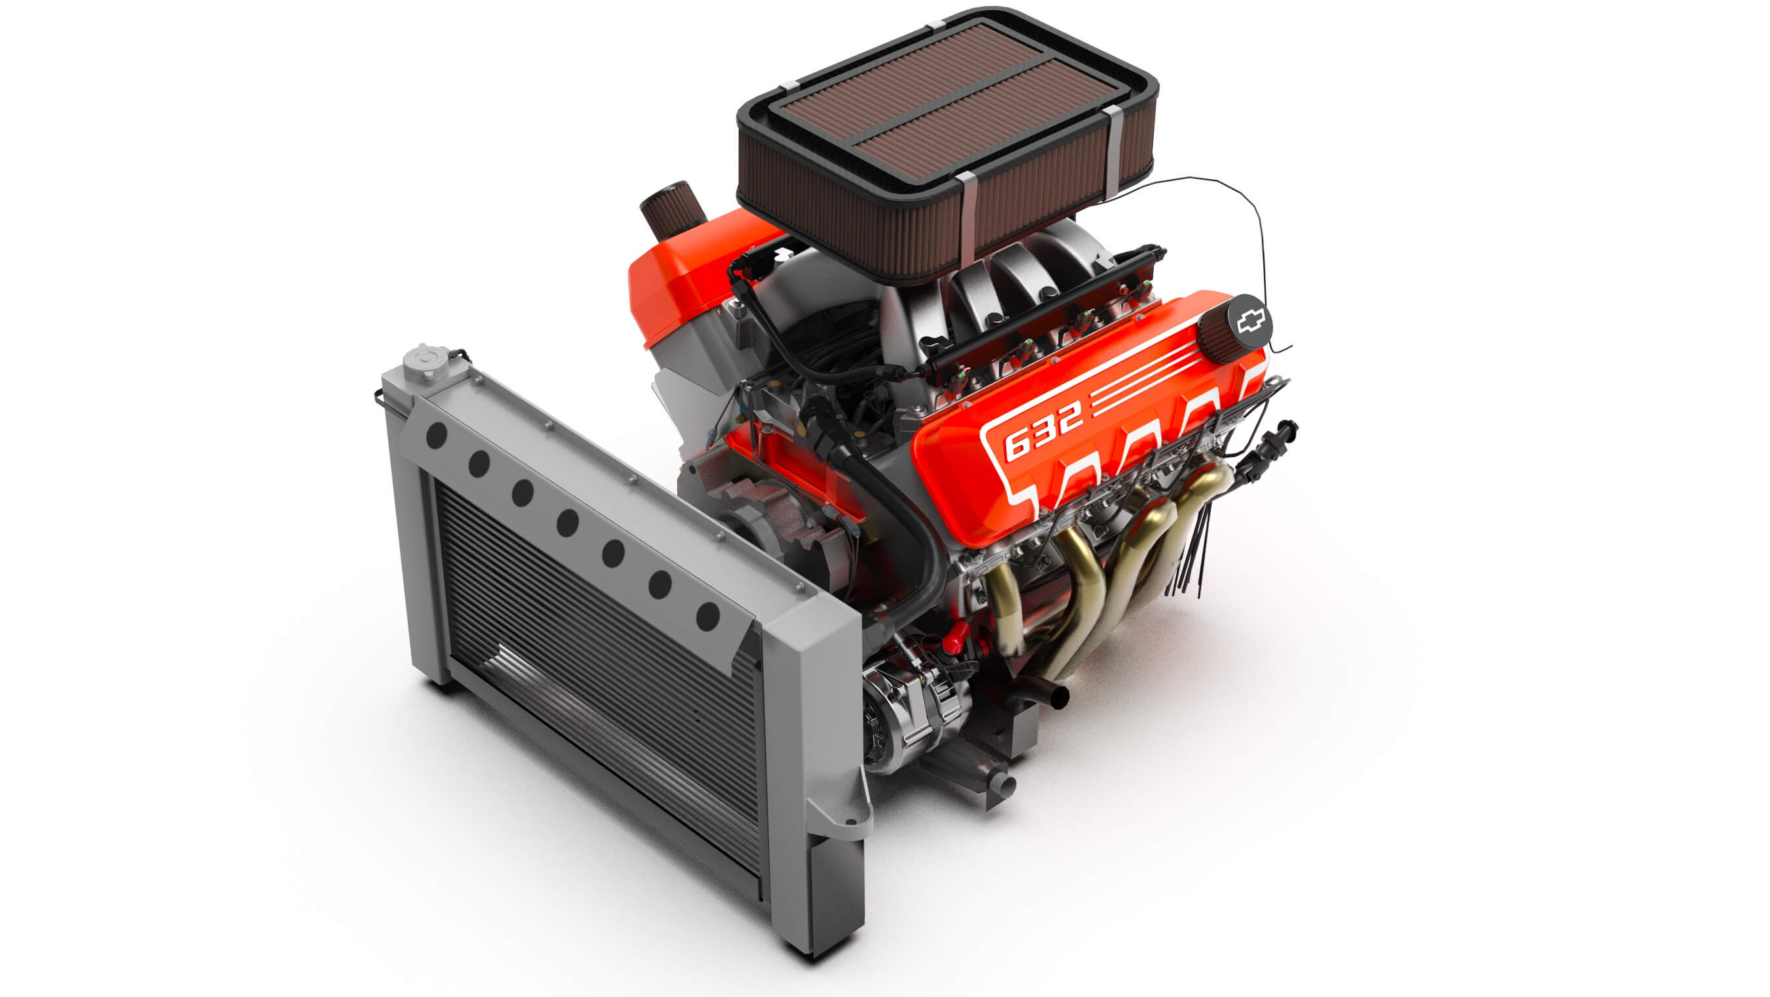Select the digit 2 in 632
click(1067, 415)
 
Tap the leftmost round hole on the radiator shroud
click(437, 436)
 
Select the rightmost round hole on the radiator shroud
click(708, 616)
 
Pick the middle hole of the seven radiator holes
click(567, 523)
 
